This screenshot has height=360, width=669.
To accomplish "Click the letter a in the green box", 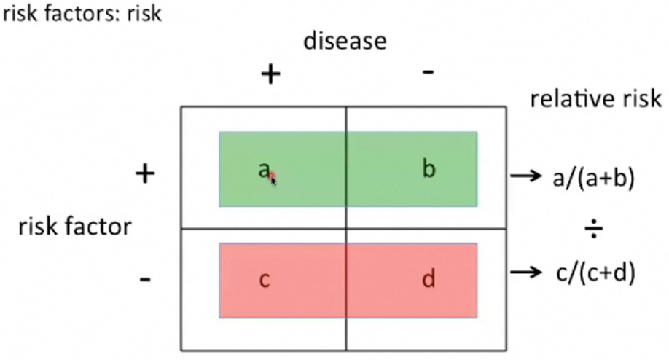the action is click(263, 170).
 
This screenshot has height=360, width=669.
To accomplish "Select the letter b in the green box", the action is click(429, 169).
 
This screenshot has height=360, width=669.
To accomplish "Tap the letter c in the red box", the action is click(264, 280).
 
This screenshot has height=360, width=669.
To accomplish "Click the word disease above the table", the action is click(345, 41).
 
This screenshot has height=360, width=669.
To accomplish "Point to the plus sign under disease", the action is click(271, 74).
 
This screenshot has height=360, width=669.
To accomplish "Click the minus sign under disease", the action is click(429, 72).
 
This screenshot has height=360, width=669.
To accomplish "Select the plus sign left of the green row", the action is click(146, 173).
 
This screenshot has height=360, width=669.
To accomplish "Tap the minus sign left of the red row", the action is click(145, 279).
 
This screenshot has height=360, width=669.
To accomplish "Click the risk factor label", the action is click(75, 227).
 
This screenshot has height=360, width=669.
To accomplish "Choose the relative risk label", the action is click(596, 100).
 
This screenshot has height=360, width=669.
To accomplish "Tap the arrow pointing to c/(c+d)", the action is click(523, 273).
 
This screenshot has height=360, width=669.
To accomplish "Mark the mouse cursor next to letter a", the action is click(273, 179).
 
